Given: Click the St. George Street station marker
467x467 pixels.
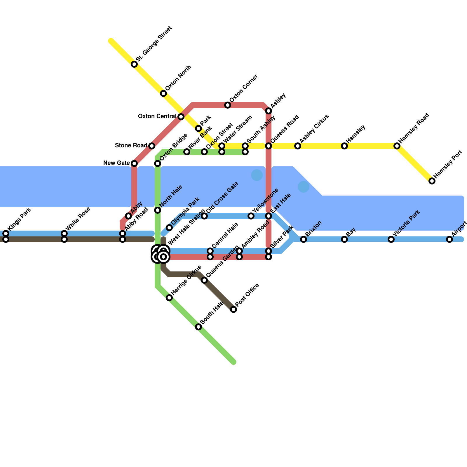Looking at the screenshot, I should pos(134,64).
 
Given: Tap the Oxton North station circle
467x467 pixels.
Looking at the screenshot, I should pos(163,93).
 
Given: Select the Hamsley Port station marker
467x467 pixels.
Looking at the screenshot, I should pos(432,181).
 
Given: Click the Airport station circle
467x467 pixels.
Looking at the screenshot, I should pos(449,239).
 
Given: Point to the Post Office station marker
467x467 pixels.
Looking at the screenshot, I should pos(233,309).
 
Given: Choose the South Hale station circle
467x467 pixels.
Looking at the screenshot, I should pos(198,327).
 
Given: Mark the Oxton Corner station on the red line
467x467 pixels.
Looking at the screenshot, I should pos(228,105).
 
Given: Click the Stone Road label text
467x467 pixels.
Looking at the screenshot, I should pos(131,145).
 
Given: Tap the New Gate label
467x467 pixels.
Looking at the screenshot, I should pos(116,163).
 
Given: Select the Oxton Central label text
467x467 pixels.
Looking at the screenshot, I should pos(157,116).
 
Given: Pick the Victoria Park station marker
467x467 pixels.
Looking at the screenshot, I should pos(391,239).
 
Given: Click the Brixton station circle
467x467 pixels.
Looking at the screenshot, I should pos(304,239).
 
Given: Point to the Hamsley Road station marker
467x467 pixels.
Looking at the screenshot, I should pos(397,146).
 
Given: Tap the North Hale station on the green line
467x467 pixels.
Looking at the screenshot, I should pos(158,210).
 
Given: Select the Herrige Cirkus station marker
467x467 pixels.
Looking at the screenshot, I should pos(169,298).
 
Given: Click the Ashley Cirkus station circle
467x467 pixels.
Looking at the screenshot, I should pos(298,146).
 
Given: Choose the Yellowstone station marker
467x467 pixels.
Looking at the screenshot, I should pos(251,216).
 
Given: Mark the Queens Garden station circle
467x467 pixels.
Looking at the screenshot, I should pos(204,280).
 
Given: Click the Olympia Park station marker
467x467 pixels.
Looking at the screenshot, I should pos(169,228).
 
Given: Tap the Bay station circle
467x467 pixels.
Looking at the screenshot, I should pos(344,239).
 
